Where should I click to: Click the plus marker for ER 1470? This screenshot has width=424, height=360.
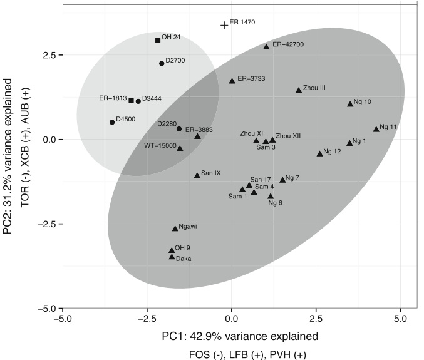pyautogui.click(x=224, y=25)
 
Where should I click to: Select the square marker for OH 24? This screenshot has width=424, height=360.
pyautogui.click(x=158, y=40)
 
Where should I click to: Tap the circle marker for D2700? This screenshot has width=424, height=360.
pyautogui.click(x=162, y=63)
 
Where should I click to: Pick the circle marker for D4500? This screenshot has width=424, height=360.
pyautogui.click(x=112, y=122)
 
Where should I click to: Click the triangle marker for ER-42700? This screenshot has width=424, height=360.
pyautogui.click(x=266, y=47)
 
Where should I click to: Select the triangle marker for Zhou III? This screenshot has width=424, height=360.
pyautogui.click(x=299, y=91)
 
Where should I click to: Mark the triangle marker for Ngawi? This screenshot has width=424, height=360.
pyautogui.click(x=175, y=229)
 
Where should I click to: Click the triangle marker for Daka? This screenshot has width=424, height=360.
pyautogui.click(x=172, y=257)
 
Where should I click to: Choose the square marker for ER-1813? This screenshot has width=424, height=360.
pyautogui.click(x=132, y=100)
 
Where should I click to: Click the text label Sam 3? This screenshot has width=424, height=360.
pyautogui.click(x=267, y=148)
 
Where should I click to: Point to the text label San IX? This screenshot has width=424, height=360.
pyautogui.click(x=212, y=172)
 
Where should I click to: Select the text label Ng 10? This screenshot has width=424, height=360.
pyautogui.click(x=363, y=101)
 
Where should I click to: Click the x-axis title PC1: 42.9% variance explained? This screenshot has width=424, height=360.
pyautogui.click(x=239, y=336)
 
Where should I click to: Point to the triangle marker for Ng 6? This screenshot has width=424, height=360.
pyautogui.click(x=271, y=197)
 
